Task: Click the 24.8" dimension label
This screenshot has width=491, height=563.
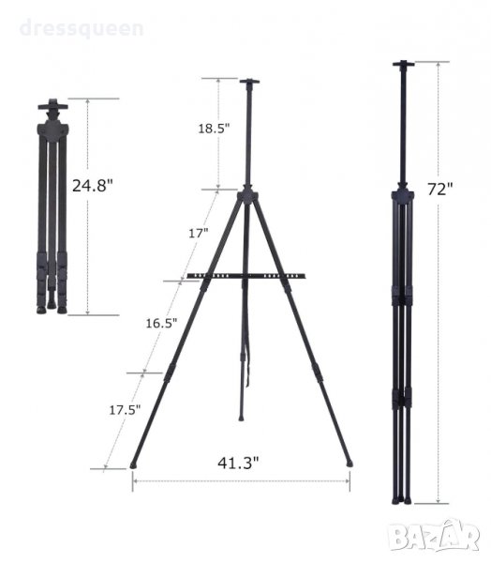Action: tap(93, 185)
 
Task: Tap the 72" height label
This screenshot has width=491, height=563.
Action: tap(440, 189)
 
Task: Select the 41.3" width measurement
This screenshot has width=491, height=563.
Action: tap(238, 463)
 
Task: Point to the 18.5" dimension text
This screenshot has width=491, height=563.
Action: tap(214, 129)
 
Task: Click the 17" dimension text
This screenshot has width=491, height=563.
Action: tap(199, 234)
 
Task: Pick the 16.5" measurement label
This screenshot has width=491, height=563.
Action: tap(161, 323)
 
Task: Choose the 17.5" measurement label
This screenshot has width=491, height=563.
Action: tap(125, 410)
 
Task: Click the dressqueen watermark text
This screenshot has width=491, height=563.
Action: tap(82, 28)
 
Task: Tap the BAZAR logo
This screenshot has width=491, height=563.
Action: tap(435, 535)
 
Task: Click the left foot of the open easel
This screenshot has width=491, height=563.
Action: tap(133, 465)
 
